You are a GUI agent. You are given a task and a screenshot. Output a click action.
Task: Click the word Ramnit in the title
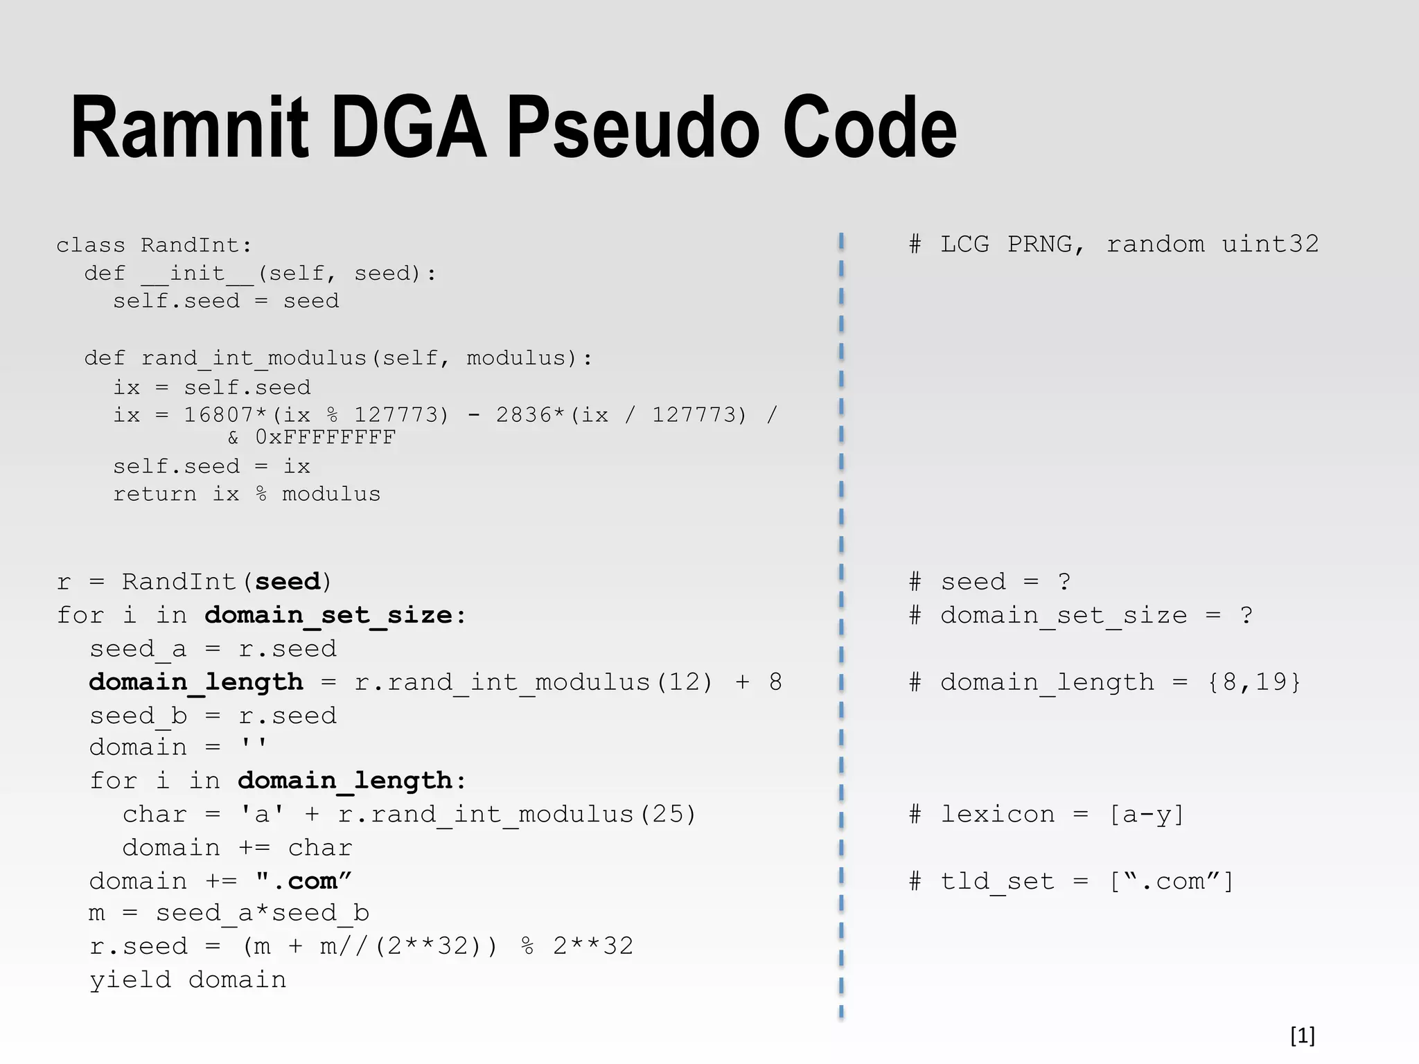pyautogui.click(x=189, y=130)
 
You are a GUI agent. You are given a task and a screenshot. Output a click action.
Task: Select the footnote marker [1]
pyautogui.click(x=1302, y=1036)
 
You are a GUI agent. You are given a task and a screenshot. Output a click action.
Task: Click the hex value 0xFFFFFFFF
pyautogui.click(x=326, y=437)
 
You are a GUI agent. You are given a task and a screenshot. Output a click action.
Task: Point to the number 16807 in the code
pyautogui.click(x=219, y=414)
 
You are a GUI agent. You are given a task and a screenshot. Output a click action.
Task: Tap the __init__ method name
pyautogui.click(x=197, y=274)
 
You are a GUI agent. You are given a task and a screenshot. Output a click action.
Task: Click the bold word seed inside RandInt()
pyautogui.click(x=288, y=581)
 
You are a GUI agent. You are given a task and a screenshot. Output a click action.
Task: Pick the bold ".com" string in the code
pyautogui.click(x=303, y=881)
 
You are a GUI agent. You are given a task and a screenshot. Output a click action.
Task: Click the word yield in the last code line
pyautogui.click(x=130, y=979)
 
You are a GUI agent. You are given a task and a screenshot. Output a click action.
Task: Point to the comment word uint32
pyautogui.click(x=1270, y=244)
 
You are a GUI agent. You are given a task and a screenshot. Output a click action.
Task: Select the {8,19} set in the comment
pyautogui.click(x=1254, y=682)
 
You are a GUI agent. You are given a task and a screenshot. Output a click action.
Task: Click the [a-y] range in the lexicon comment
pyautogui.click(x=1147, y=814)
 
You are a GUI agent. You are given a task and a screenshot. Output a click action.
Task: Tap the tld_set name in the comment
pyautogui.click(x=997, y=881)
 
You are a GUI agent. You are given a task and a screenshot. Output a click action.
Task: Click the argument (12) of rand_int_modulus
pyautogui.click(x=685, y=682)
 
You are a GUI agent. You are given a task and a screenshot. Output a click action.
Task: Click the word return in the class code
pyautogui.click(x=155, y=494)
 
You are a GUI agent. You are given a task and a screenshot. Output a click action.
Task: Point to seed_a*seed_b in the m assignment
pyautogui.click(x=263, y=913)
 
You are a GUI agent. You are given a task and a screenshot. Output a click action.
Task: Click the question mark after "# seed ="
pyautogui.click(x=1065, y=581)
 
